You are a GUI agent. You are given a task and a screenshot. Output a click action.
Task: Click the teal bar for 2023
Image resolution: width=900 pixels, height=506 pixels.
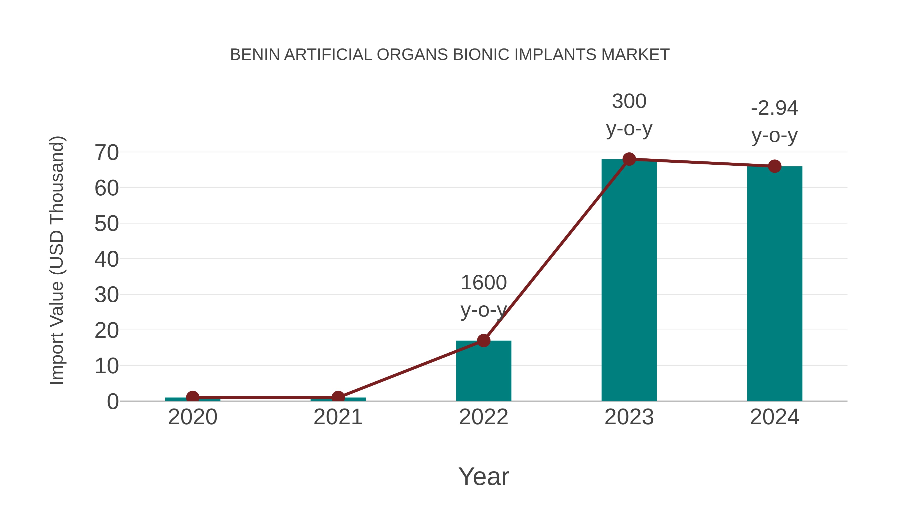click(x=629, y=279)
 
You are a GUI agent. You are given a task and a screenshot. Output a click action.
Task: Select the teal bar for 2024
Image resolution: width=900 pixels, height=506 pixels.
click(x=774, y=283)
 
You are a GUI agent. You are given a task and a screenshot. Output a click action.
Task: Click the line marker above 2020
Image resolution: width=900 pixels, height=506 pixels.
click(x=192, y=397)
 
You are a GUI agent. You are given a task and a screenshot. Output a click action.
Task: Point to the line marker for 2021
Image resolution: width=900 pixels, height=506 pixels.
click(x=338, y=397)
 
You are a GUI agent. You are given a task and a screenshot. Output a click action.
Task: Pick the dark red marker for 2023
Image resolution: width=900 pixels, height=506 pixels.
click(x=629, y=159)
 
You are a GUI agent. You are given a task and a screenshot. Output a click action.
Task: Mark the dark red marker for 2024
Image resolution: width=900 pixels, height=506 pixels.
click(x=774, y=166)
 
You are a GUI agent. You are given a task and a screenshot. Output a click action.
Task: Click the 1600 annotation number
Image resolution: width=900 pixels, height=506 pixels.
click(x=483, y=283)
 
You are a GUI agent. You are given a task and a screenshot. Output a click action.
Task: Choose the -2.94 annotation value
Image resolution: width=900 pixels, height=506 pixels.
click(x=774, y=108)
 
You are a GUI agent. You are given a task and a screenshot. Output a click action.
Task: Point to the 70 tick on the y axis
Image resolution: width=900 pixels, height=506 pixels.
click(x=106, y=153)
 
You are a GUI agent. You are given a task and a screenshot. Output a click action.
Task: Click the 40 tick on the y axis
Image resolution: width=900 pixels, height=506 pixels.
click(x=106, y=259)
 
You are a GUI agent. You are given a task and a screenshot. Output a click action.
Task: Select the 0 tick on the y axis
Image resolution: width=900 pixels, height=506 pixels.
click(x=112, y=402)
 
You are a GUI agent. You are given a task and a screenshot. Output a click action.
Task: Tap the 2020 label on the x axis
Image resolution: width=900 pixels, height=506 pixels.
click(x=192, y=417)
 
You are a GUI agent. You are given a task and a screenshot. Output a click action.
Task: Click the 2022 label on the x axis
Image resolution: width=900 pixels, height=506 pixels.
click(x=483, y=417)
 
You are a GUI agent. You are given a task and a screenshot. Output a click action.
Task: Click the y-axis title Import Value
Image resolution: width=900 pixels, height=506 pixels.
click(x=56, y=260)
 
